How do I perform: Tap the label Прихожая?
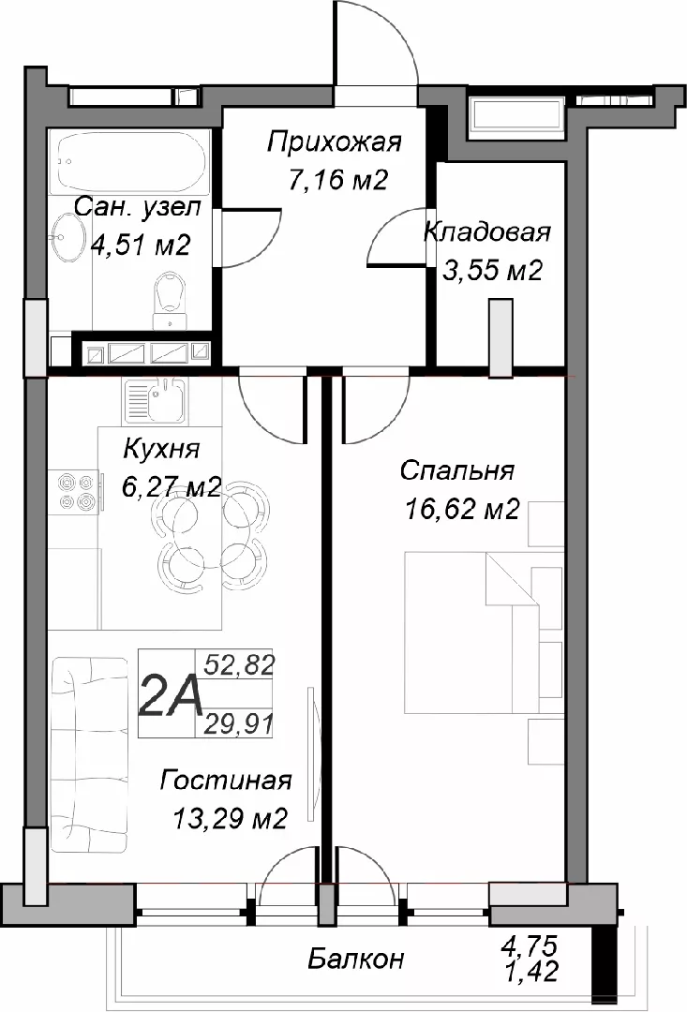(335, 142)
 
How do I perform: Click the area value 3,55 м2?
(493, 271)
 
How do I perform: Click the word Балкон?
(355, 960)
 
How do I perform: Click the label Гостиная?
(226, 781)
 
